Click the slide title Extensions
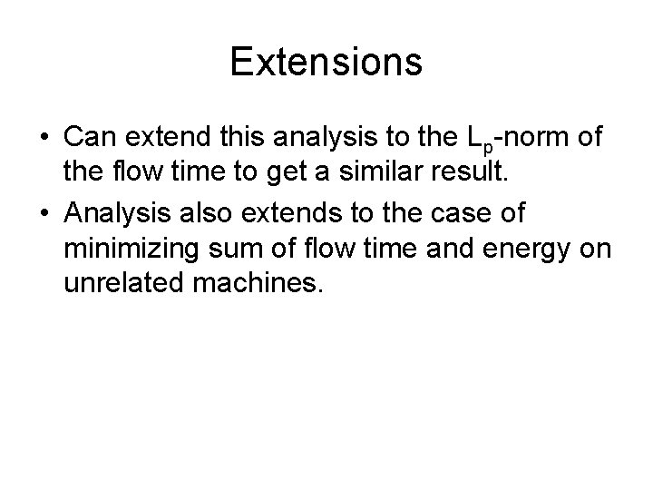click(326, 62)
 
